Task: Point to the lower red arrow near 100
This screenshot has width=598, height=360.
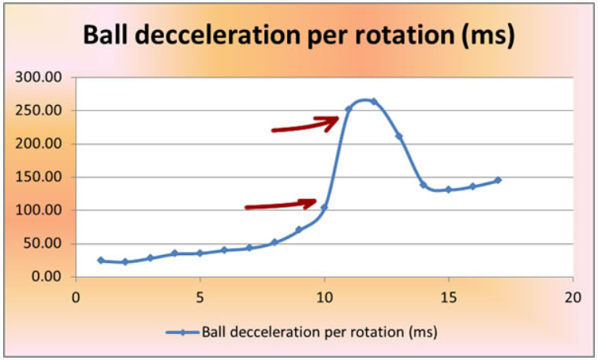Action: tap(281, 204)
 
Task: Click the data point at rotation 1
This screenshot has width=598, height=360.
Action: tap(100, 260)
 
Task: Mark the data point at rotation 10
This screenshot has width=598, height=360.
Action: tap(324, 208)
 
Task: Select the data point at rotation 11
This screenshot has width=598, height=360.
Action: tap(349, 109)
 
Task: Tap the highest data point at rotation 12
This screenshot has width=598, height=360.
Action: tap(374, 101)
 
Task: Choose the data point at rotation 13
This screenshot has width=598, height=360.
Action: tap(398, 136)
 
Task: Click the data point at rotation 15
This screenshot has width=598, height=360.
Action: tap(448, 189)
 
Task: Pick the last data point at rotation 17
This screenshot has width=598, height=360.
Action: tap(498, 180)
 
